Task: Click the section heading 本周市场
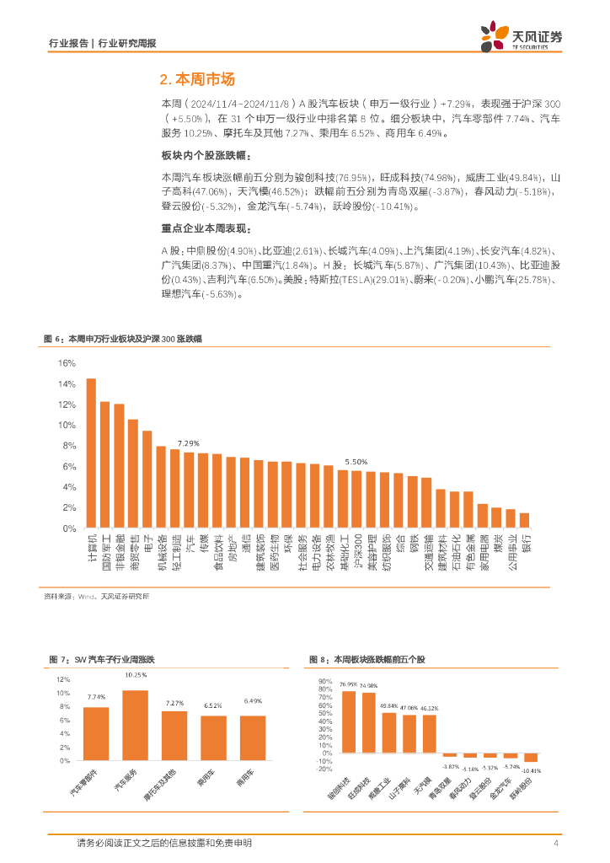(196, 79)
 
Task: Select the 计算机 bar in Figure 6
(91, 453)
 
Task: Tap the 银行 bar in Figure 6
(524, 520)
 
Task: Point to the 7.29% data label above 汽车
(189, 443)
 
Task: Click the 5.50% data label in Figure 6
(356, 462)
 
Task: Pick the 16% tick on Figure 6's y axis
(67, 363)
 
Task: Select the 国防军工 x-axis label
(105, 552)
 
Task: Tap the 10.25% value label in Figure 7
(136, 675)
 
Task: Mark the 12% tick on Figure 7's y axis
(65, 679)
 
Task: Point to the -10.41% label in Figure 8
(531, 770)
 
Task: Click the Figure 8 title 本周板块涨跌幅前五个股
(381, 659)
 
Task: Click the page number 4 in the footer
(556, 844)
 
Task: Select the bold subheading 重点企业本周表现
(206, 228)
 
